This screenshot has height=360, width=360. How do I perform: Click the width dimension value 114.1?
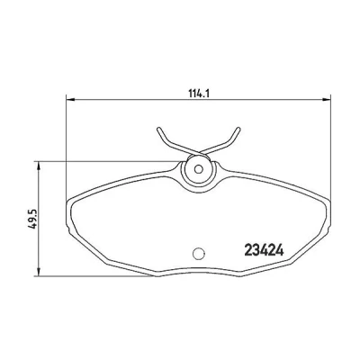point(198,94)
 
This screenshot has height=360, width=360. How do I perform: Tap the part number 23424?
point(265,250)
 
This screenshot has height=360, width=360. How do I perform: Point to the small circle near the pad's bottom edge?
point(198,254)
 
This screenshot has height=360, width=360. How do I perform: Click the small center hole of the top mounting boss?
point(198,169)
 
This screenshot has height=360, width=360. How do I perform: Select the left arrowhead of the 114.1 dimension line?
point(70,99)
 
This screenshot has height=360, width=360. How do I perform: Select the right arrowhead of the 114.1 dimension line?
point(326,99)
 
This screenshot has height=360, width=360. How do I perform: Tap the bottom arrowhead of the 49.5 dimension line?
point(38,271)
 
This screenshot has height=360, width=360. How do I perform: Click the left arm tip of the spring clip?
point(158,129)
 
